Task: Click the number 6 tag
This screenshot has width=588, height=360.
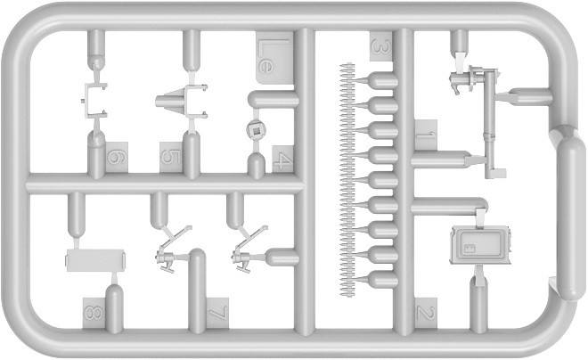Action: (117, 157)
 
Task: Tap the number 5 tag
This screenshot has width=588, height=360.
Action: (171, 157)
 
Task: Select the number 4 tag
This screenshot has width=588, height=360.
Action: (282, 159)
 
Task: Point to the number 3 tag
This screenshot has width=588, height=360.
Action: (381, 46)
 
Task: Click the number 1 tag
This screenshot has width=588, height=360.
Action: (426, 135)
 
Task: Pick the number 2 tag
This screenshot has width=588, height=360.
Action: (426, 313)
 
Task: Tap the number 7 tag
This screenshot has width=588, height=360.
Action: (217, 313)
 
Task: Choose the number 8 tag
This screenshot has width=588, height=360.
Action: (94, 313)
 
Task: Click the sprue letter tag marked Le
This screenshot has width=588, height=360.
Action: (274, 57)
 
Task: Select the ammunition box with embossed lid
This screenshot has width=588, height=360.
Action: (480, 245)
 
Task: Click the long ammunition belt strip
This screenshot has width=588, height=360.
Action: (347, 180)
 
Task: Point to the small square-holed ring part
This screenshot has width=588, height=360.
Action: (256, 130)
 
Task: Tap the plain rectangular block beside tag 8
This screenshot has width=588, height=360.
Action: (95, 260)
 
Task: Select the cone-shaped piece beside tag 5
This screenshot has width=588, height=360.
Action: (169, 101)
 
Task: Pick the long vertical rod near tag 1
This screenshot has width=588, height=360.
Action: (490, 124)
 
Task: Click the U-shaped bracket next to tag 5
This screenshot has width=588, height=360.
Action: (195, 102)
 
